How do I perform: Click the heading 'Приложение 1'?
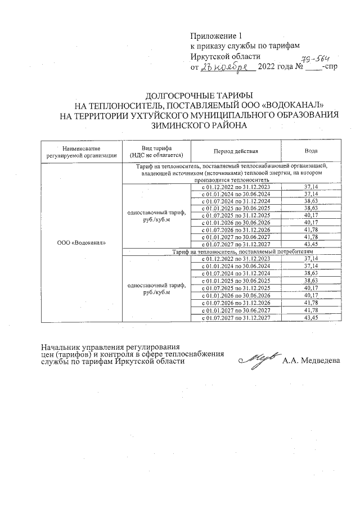(216, 35)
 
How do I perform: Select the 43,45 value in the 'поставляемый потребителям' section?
(310, 318)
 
